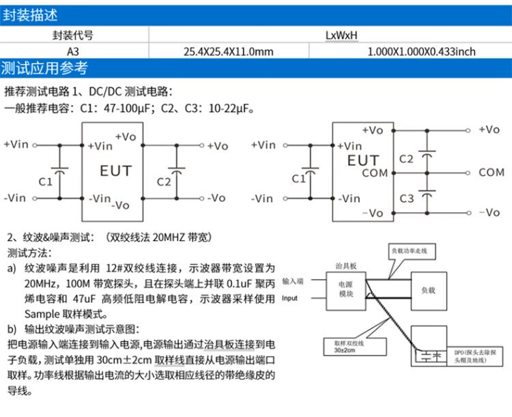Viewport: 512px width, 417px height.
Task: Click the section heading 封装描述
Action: click(30, 14)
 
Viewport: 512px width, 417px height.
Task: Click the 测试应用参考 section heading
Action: click(44, 68)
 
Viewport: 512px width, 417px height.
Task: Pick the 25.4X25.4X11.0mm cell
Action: click(229, 51)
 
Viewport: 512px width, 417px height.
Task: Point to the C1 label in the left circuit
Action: click(45, 182)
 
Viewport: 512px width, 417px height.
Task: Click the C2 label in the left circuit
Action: click(164, 182)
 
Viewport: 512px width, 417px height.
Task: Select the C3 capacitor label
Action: click(407, 199)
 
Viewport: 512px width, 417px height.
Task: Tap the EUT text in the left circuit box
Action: click(115, 171)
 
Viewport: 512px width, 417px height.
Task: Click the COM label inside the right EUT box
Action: click(374, 173)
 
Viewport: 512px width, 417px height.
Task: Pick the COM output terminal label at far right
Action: click(491, 173)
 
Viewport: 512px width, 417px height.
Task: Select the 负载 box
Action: click(427, 290)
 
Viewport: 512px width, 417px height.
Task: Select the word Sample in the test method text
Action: click(42, 315)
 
